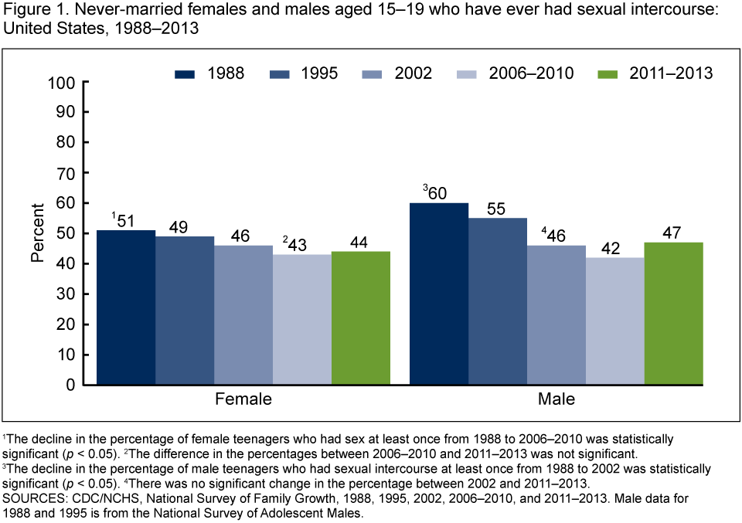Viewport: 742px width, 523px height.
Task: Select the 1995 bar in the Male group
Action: coord(497,301)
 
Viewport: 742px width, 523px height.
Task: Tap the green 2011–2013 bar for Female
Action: coord(361,318)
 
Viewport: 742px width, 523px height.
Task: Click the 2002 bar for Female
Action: coord(243,315)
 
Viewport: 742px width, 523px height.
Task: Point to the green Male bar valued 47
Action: coord(673,313)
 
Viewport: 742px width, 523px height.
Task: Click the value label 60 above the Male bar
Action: coord(437,192)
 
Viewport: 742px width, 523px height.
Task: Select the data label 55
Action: coord(497,208)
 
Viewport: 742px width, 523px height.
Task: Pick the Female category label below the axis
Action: coord(243,400)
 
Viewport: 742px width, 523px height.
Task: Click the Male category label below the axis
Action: coord(556,400)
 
